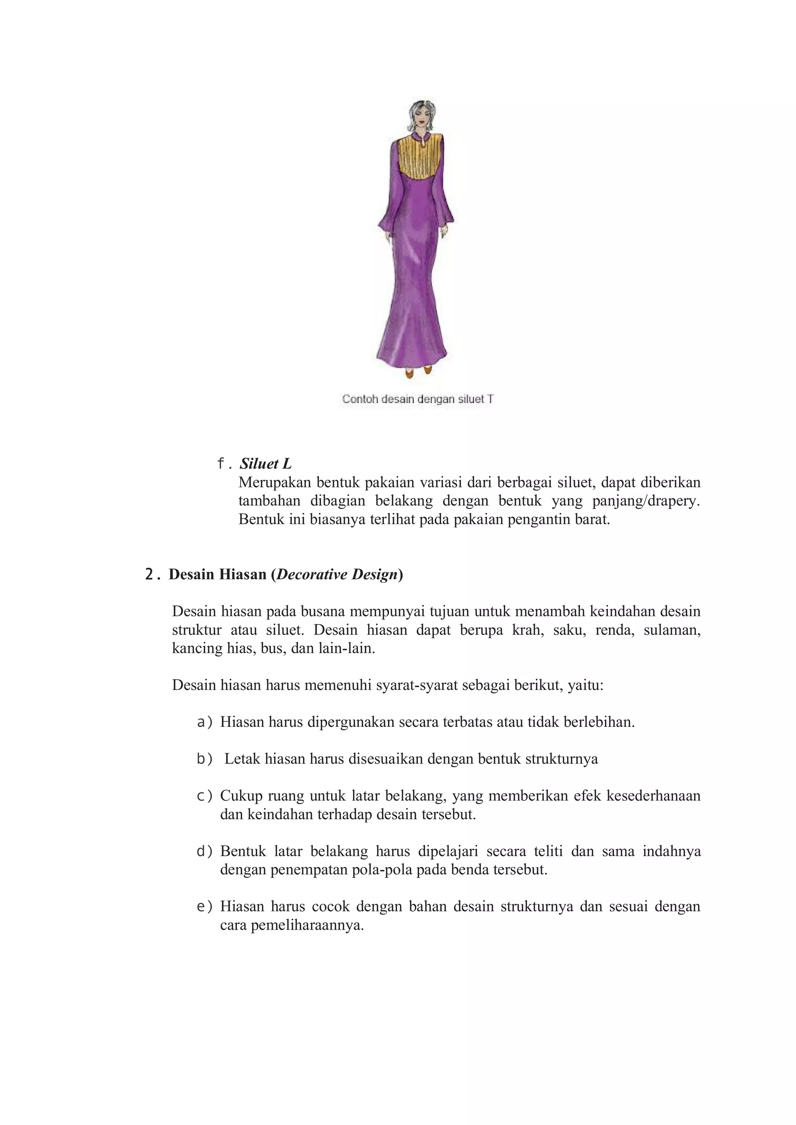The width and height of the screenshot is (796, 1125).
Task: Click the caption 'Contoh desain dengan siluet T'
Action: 417,399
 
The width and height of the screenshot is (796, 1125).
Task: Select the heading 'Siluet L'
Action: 266,463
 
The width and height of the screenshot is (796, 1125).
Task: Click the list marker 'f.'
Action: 224,463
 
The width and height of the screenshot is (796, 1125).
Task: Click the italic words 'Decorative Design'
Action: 337,574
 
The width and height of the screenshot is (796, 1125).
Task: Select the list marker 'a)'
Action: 205,722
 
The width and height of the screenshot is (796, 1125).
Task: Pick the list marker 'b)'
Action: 205,759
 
